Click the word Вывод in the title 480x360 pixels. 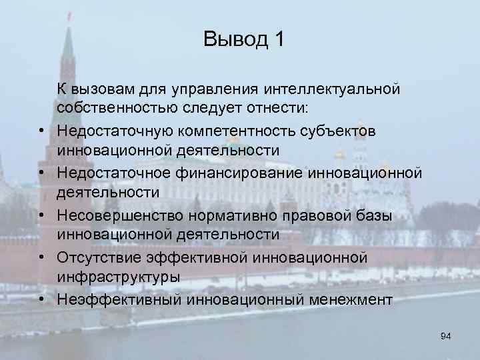(233, 39)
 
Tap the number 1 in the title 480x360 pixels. (278, 39)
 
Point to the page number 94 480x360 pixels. (446, 337)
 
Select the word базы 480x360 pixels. (374, 217)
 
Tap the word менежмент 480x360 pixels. (349, 300)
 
